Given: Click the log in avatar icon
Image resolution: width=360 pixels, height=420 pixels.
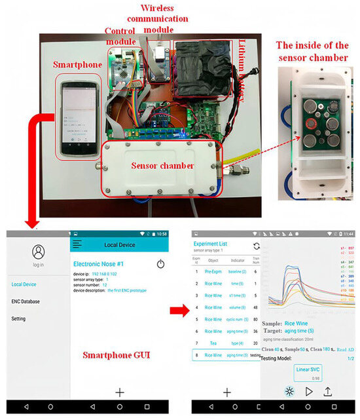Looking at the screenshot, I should click(x=39, y=252).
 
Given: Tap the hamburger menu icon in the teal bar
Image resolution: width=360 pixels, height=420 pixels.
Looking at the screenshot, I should click(x=77, y=244).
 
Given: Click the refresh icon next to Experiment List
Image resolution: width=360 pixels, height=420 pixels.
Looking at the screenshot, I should click(x=256, y=246).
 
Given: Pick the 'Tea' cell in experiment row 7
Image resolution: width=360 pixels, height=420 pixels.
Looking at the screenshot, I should click(x=213, y=342).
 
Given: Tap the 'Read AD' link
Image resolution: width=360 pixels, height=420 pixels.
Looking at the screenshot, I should click(x=346, y=350).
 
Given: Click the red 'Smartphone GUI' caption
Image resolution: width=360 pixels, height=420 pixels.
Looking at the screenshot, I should click(x=118, y=355).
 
